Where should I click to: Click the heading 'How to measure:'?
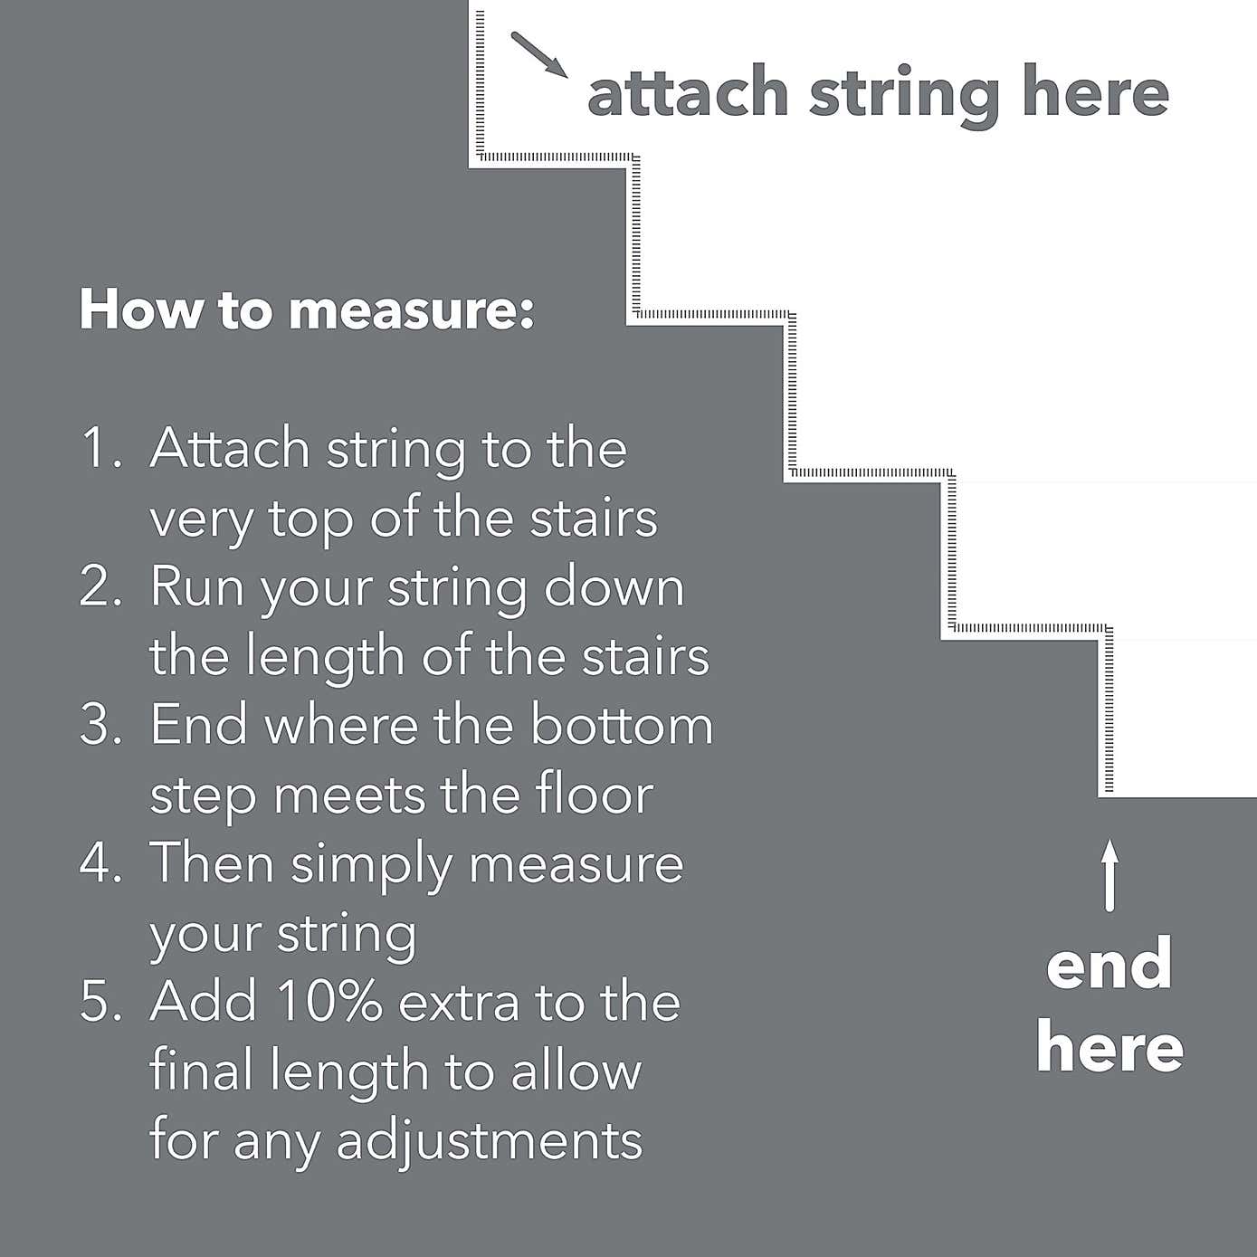[x=307, y=309]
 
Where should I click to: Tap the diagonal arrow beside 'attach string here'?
[x=539, y=55]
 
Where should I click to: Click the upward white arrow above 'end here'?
[x=1109, y=875]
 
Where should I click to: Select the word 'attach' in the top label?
[x=688, y=92]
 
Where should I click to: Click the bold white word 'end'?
[x=1109, y=965]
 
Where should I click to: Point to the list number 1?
[x=100, y=449]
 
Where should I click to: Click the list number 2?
[x=100, y=586]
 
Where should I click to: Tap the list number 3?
[x=100, y=725]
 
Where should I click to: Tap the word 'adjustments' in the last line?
[x=490, y=1139]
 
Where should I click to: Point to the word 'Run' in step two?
[x=198, y=586]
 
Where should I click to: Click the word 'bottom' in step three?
[x=622, y=725]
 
